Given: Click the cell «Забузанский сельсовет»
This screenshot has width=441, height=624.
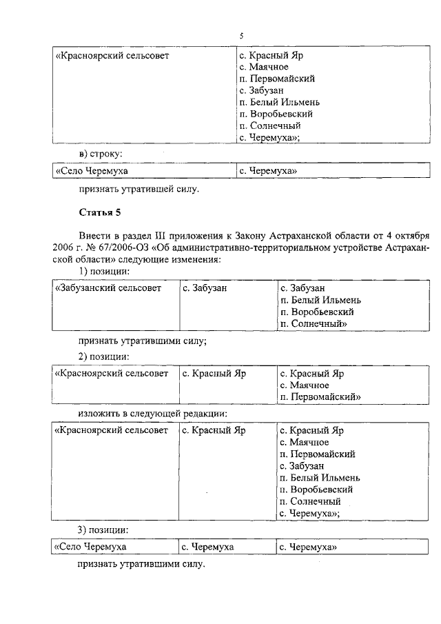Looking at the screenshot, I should point(108,288).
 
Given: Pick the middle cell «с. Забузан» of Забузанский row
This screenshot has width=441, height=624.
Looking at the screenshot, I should point(205,288).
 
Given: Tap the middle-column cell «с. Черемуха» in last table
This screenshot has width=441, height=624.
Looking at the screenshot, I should point(207,547).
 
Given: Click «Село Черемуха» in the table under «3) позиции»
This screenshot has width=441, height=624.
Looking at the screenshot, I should point(92,547).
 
